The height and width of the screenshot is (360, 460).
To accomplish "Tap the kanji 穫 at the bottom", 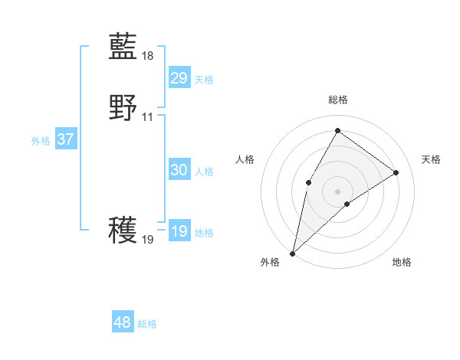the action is coord(123,230).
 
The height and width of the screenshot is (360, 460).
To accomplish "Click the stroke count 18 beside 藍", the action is coord(148,56).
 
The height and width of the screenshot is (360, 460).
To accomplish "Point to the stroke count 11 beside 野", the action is coord(148,117).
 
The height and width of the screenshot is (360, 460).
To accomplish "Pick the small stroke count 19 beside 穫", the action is coord(148,240).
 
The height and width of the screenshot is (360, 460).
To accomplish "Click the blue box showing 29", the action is coord(179,78).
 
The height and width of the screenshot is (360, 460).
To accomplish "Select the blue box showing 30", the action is coord(179,170).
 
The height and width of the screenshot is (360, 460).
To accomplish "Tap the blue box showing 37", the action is coord(65,139).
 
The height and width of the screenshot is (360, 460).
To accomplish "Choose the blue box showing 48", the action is coord(122,322).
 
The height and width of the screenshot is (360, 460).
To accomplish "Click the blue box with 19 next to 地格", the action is coord(179,231).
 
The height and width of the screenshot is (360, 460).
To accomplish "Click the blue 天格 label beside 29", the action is coord(204,80).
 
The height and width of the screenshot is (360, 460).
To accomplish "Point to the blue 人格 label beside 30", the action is coord(204,172).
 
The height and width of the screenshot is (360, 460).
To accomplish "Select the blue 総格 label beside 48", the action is coord(147,324).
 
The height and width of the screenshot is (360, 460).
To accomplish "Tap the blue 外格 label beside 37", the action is coord(41,141).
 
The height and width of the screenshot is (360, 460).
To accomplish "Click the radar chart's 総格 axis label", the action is coord(337,100).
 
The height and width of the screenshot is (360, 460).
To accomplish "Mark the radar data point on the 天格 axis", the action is coord(396,172).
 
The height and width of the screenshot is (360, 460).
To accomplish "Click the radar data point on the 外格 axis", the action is coord(292,253).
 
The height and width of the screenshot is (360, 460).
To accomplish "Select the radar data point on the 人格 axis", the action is coord(308,182).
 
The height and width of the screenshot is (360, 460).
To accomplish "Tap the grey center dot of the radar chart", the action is coord(337,191).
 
